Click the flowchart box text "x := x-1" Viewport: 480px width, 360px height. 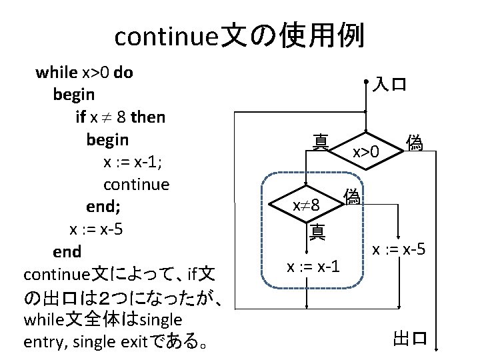pyautogui.click(x=313, y=267)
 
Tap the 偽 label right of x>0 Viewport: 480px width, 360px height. pyautogui.click(x=415, y=143)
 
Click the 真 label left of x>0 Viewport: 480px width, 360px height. pyautogui.click(x=320, y=141)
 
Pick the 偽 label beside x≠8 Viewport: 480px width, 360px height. pyautogui.click(x=352, y=196)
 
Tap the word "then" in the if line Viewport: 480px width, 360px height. pyautogui.click(x=149, y=118)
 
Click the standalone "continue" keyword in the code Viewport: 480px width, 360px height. pyautogui.click(x=137, y=183)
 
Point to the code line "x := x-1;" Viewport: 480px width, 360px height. pyautogui.click(x=137, y=162)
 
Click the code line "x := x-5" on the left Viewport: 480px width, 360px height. pyautogui.click(x=97, y=229)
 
